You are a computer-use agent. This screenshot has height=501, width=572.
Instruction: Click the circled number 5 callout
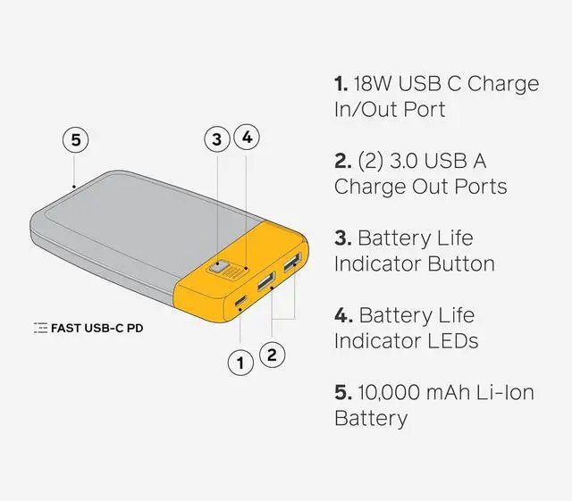point(76,140)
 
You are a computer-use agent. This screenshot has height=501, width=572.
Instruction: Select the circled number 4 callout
point(248,138)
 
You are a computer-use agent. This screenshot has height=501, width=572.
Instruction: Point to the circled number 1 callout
point(240,363)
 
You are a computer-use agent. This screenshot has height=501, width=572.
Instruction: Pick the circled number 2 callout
point(272,355)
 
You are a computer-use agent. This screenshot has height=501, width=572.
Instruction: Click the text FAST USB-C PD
point(97,329)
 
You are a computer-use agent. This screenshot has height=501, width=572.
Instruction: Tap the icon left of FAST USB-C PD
point(40,329)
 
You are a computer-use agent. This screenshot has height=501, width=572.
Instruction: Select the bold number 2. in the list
point(342,162)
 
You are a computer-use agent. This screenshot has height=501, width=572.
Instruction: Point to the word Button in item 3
point(462,264)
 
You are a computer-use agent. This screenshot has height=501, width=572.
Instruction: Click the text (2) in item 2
point(371,162)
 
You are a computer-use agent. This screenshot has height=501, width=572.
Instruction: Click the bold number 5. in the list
point(342,392)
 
